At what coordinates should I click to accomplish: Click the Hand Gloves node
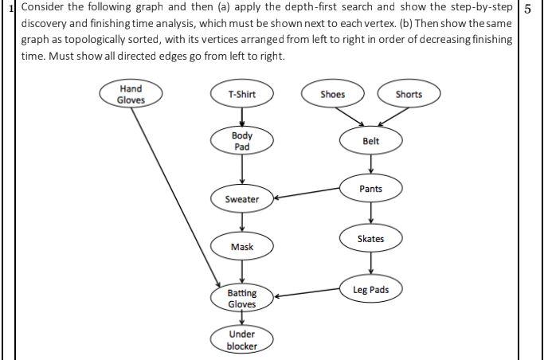coord(131,94)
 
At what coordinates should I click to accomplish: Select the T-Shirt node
coord(241,94)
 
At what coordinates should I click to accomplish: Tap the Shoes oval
coord(332,94)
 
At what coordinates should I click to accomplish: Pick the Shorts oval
coord(409,94)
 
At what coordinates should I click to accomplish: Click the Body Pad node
coord(242,141)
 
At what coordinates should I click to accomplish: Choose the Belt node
coord(370,141)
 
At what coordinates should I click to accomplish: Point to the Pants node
coord(370,189)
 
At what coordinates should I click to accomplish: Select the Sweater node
coord(242,198)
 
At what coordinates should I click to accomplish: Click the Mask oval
coord(242,247)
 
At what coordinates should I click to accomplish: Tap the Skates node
coord(370,238)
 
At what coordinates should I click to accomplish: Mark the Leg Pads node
coord(370,289)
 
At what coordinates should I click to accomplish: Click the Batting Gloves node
coord(242,298)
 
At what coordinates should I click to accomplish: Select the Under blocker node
coord(242,340)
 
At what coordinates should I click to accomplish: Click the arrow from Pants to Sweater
coord(306,194)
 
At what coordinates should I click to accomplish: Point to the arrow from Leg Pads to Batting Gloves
coord(306,293)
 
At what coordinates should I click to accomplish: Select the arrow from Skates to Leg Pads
coord(370,264)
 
